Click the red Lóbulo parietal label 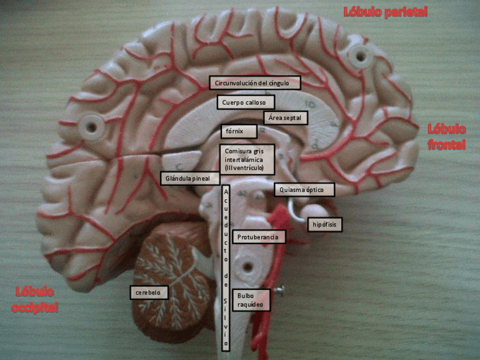pos(385,12)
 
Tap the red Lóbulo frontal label pos(447,137)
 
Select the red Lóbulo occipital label pos(35,299)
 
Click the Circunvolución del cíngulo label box pos(255,83)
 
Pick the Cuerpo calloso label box pos(246,102)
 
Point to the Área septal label pos(286,118)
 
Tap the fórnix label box pos(238,131)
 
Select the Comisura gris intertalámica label pos(247,160)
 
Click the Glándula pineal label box pos(188,178)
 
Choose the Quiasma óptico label pos(305,190)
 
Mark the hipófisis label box pos(324,225)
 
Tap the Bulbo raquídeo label pos(250,301)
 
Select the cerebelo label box pos(148,292)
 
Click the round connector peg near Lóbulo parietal pos(358,56)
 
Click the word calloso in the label pos(258,102)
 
